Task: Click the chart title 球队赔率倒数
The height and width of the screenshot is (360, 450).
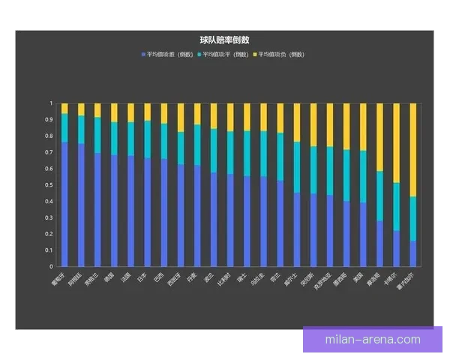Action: [x=225, y=40]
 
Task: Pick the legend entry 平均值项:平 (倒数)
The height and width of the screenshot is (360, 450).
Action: [x=223, y=55]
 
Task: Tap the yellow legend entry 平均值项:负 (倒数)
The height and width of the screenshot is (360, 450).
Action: [x=278, y=55]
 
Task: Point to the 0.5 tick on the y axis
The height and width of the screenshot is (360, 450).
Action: [x=50, y=184]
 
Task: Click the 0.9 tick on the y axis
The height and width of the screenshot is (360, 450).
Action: [x=50, y=119]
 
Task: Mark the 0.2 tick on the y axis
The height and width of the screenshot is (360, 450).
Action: [x=50, y=233]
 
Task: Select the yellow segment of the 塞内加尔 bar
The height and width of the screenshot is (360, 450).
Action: [x=413, y=150]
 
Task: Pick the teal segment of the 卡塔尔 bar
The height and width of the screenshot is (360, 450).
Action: [x=397, y=207]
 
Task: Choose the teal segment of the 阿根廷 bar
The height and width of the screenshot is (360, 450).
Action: [x=81, y=130]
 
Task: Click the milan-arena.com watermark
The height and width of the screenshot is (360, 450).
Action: [x=373, y=339]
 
